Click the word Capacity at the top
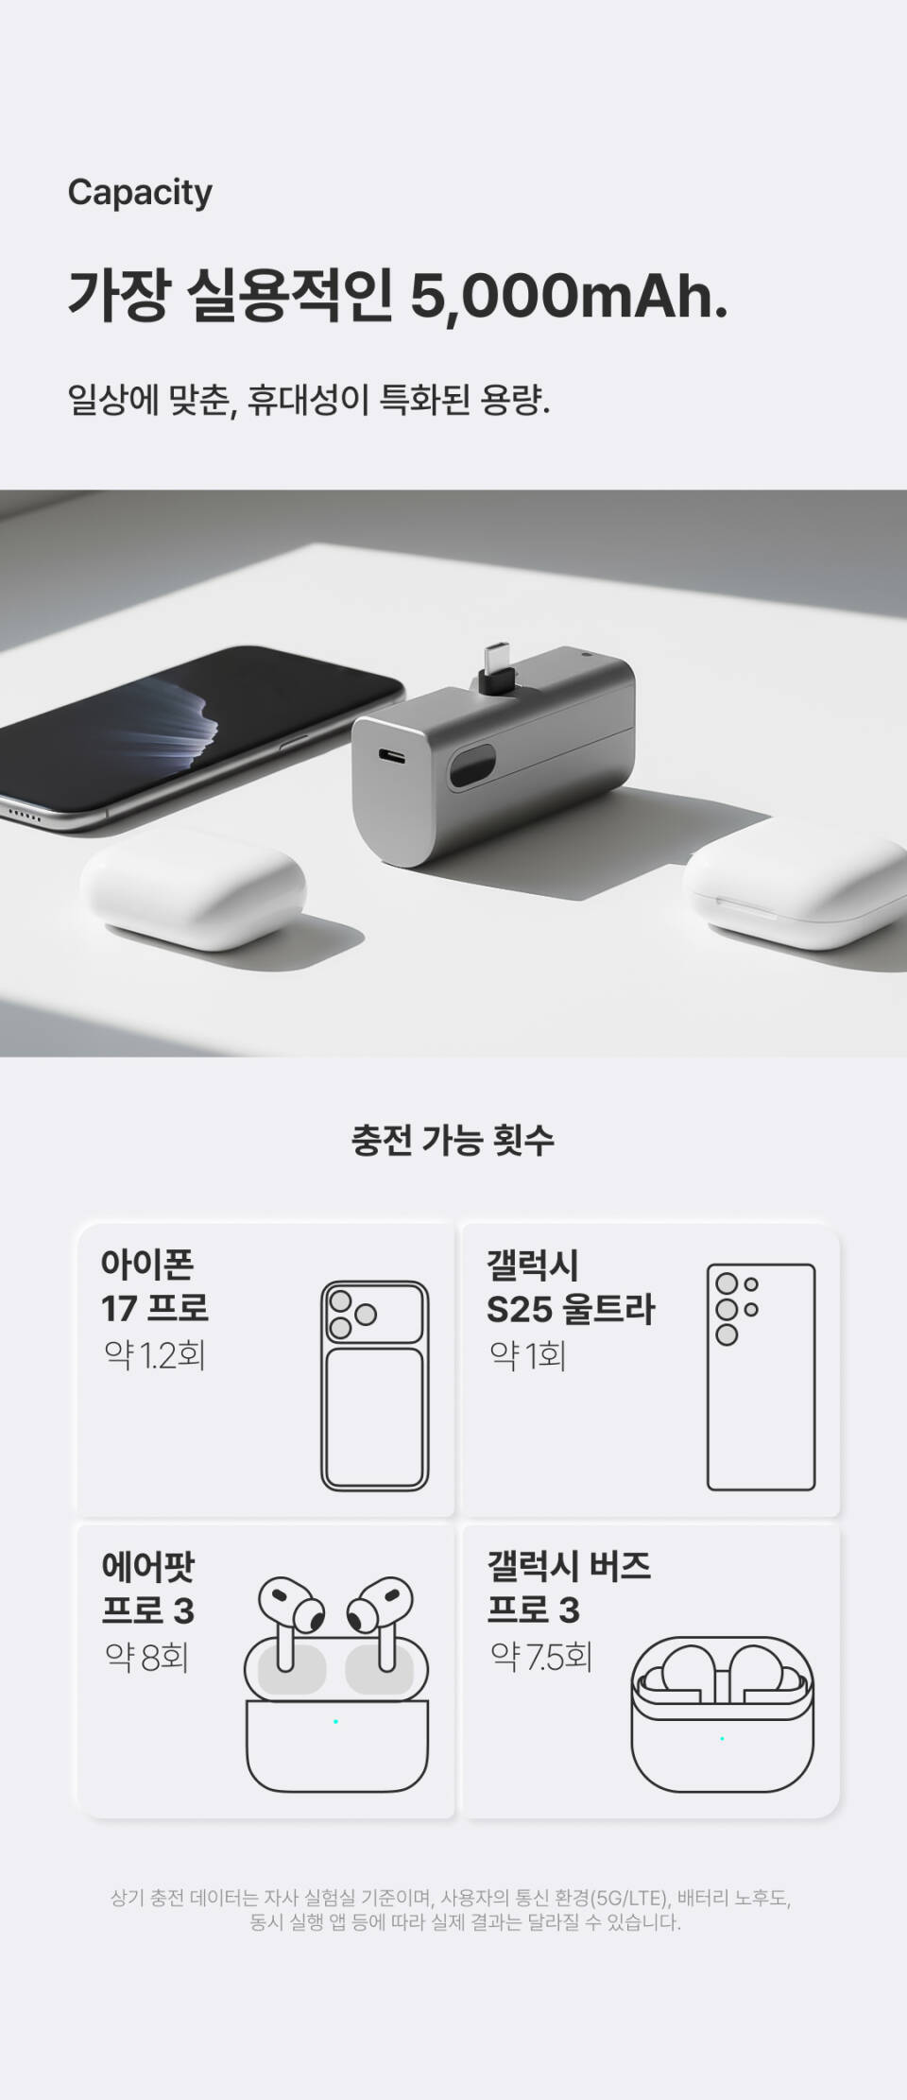pos(140,193)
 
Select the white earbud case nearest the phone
pos(193,898)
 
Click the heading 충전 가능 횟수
pos(453,1139)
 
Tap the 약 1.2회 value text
pos(154,1356)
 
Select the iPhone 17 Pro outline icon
pos(374,1386)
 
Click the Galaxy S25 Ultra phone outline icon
pos(761,1377)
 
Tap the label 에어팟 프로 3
pos(148,1588)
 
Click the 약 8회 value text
pos(146,1656)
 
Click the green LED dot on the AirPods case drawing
pos(335,1721)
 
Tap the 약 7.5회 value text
pos(540,1656)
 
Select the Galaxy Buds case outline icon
pos(722,1713)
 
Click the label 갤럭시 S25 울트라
pos(570,1287)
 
